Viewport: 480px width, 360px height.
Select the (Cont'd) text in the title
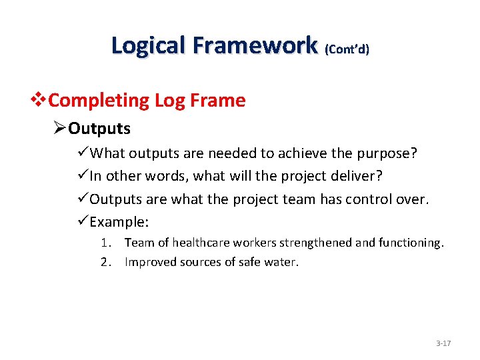click(347, 49)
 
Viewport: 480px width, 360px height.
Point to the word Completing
click(99, 101)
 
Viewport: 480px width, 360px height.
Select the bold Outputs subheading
click(99, 128)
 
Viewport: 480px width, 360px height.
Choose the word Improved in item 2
click(148, 262)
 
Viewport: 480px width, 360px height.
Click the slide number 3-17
click(443, 343)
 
